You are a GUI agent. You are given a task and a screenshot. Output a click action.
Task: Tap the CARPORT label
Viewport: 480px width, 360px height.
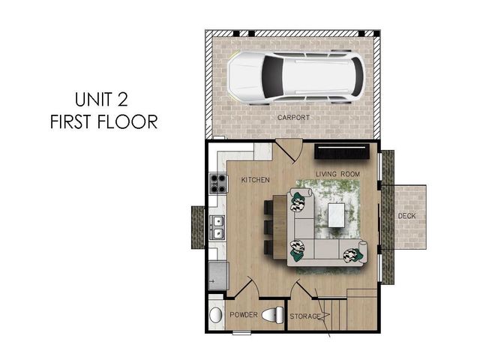[x=294, y=118]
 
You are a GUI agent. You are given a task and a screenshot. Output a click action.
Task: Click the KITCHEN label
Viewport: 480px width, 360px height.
[x=255, y=181]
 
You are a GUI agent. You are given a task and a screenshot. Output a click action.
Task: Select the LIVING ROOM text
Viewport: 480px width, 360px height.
[x=337, y=174]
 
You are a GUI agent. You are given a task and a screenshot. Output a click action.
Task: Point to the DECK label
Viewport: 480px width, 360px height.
[x=406, y=216]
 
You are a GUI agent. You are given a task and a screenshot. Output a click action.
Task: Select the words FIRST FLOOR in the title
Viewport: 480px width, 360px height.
[x=104, y=122]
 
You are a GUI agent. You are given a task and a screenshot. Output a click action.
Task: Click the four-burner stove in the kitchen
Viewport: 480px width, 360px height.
[x=217, y=182]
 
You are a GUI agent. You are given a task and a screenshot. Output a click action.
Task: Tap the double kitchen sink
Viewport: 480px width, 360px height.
[x=217, y=226]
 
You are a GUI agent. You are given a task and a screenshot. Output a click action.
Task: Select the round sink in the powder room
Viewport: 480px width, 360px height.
[x=216, y=315]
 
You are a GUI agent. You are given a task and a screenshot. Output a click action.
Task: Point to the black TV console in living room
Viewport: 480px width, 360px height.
[x=342, y=152]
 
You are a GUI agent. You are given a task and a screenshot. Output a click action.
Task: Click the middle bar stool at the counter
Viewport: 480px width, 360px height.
[x=270, y=226]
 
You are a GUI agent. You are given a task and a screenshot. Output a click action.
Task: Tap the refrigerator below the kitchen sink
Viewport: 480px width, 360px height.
[x=218, y=275]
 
